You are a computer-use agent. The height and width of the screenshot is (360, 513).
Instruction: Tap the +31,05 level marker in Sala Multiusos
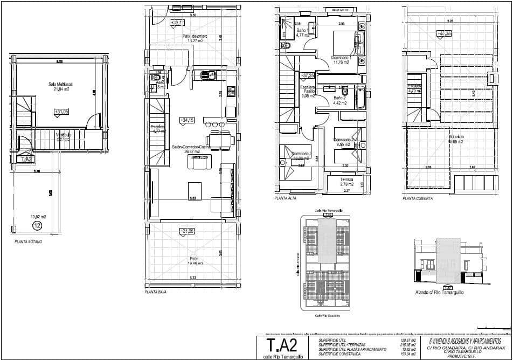click(61, 112)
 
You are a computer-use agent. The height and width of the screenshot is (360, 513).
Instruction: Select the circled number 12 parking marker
click(37, 225)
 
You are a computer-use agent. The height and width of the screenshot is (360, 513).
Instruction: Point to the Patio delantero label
click(195, 37)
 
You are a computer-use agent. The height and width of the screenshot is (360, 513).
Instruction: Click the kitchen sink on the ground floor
click(206, 75)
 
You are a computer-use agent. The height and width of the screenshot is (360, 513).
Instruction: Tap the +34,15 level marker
click(186, 120)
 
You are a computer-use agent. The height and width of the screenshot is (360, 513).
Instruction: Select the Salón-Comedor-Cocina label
click(191, 149)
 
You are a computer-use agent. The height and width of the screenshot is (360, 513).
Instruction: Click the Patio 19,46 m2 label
click(195, 261)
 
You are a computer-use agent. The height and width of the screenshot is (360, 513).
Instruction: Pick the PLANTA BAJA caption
click(156, 292)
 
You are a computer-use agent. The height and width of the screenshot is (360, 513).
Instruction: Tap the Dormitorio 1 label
click(341, 60)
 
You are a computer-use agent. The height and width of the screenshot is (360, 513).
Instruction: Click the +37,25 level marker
click(307, 76)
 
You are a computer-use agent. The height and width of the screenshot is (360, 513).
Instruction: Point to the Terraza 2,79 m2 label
click(347, 182)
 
